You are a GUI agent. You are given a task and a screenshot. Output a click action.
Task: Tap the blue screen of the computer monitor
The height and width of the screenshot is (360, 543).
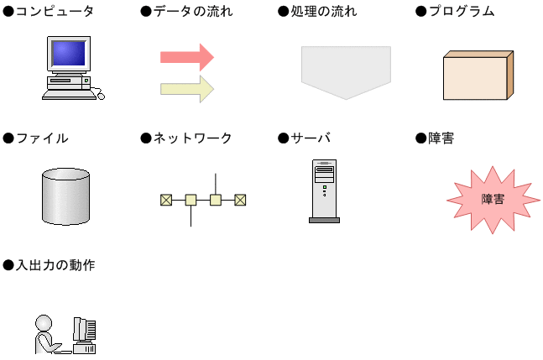(66, 56)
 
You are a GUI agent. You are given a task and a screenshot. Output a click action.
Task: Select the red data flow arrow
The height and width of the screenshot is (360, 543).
(186, 57)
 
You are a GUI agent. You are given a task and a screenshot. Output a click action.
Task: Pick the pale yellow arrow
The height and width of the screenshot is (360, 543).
(186, 88)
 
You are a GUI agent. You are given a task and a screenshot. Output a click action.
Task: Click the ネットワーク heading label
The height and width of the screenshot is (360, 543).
(192, 138)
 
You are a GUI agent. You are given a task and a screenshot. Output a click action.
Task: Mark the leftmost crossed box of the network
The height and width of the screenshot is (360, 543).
(166, 200)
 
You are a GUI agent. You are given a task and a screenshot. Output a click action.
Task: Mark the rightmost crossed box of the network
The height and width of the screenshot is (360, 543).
(240, 200)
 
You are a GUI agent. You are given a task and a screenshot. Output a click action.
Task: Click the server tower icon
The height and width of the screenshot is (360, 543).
(324, 190)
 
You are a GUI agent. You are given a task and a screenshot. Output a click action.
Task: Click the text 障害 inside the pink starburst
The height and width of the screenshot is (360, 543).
(493, 200)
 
